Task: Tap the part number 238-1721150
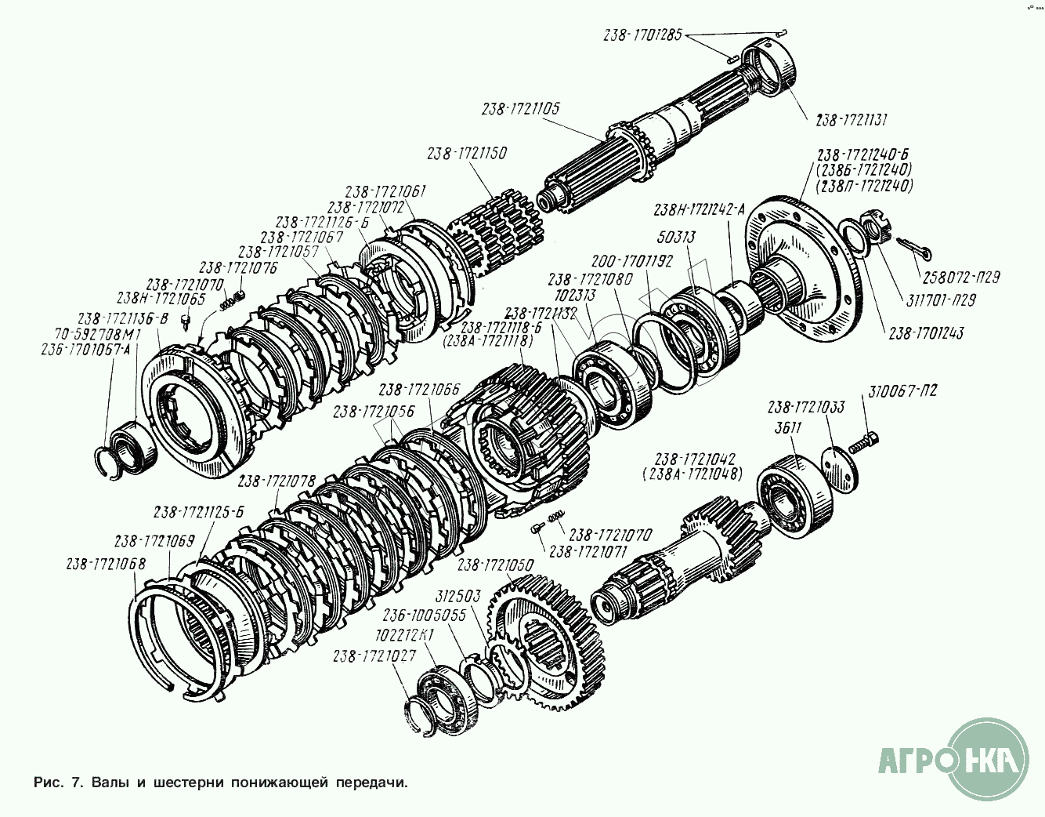[x=467, y=154]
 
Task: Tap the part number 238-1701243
[x=926, y=333]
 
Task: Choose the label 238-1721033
[x=806, y=408]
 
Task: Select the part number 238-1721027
[x=374, y=655]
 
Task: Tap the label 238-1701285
[x=644, y=35]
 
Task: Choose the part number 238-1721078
[x=277, y=481]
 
